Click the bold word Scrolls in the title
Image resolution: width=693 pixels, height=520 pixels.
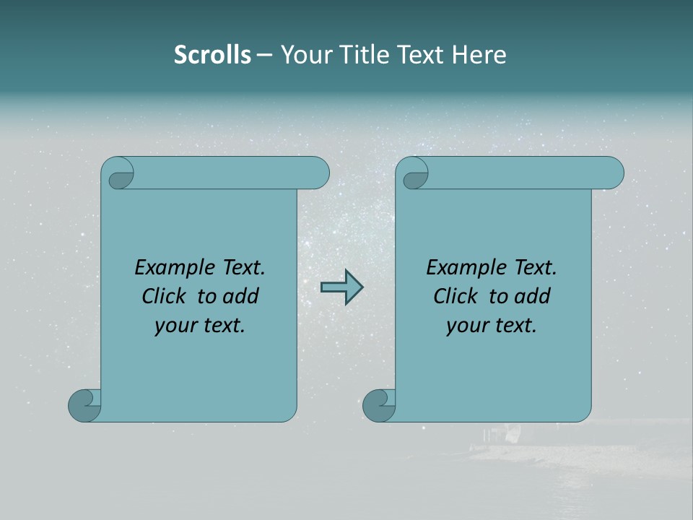click(x=212, y=55)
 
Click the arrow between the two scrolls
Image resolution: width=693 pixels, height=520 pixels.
click(x=341, y=287)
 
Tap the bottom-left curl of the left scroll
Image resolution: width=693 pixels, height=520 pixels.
click(x=84, y=405)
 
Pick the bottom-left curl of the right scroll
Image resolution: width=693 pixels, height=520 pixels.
click(x=378, y=405)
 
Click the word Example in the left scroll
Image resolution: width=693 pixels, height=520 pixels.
click(x=168, y=268)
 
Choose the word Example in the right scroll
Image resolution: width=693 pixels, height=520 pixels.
click(x=460, y=268)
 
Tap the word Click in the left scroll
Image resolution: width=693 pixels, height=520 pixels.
click(x=165, y=296)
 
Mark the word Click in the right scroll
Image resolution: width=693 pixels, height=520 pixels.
click(x=456, y=296)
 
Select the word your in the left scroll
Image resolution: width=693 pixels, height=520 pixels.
click(x=174, y=326)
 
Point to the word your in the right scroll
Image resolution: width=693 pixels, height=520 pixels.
click(x=466, y=326)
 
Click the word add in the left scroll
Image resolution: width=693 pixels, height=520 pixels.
click(x=241, y=296)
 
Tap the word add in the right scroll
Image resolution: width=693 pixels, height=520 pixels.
click(x=533, y=296)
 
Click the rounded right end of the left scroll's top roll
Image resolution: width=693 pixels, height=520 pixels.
click(x=318, y=173)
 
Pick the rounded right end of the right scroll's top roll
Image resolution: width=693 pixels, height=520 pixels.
click(x=612, y=173)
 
